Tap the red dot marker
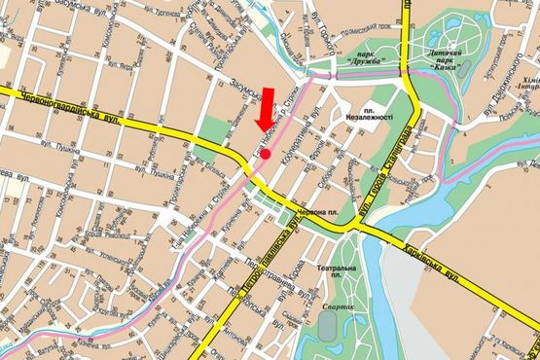[266, 154]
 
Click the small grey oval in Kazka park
[465, 69]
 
